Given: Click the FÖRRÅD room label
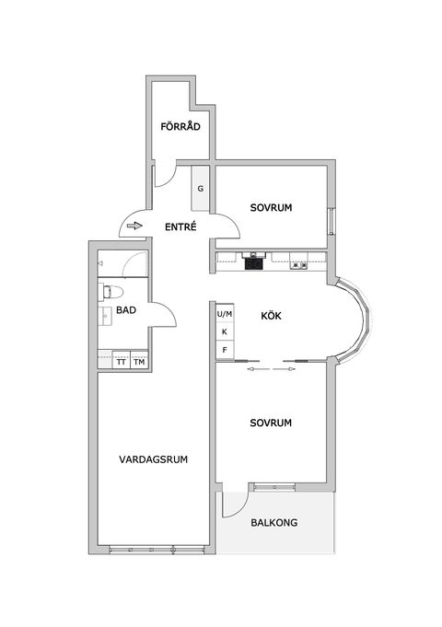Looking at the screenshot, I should [x=180, y=127].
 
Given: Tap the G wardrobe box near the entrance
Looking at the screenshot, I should [x=200, y=189].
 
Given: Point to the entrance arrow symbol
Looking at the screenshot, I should [x=134, y=226].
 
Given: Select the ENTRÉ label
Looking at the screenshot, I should [x=180, y=226].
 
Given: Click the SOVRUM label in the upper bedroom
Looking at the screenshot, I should [x=271, y=208].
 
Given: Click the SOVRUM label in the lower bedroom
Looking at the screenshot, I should [x=271, y=424].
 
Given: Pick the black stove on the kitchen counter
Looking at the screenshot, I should [x=253, y=264].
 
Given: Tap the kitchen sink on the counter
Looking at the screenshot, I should [x=298, y=265].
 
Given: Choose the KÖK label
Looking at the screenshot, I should [x=271, y=316].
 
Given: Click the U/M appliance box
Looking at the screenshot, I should [x=224, y=314].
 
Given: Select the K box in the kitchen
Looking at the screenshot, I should [x=224, y=331].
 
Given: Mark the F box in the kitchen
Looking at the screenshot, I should [x=224, y=350].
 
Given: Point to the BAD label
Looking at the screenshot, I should [x=126, y=311].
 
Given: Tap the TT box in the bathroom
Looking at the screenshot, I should [x=121, y=362].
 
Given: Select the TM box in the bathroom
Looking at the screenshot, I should [x=139, y=362].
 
